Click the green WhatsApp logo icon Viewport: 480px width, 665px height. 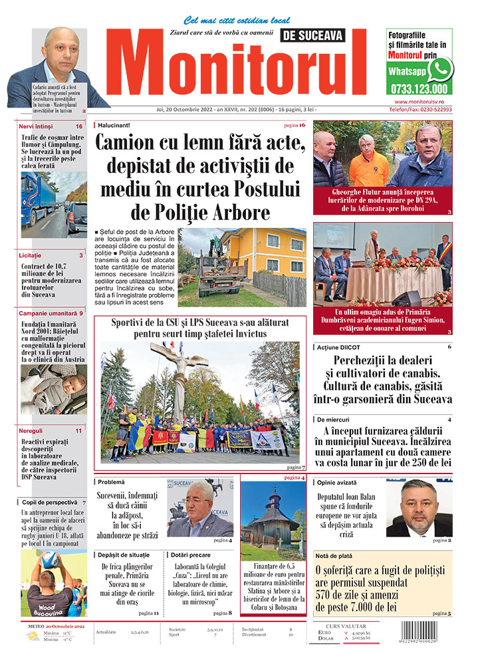coord(439,69)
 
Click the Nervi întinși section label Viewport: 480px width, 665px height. coord(37,126)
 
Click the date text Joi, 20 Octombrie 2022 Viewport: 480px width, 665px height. coord(185,109)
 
